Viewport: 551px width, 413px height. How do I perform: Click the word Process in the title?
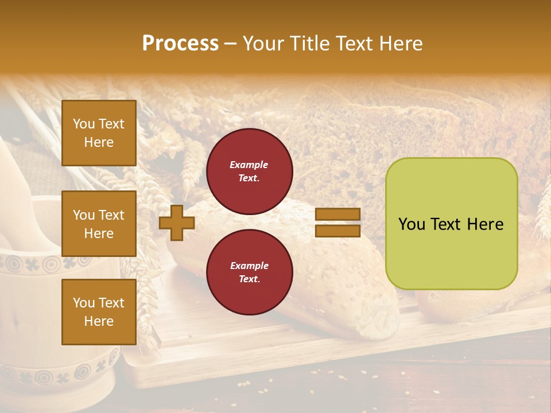coord(180,44)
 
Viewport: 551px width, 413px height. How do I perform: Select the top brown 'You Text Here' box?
coord(99,133)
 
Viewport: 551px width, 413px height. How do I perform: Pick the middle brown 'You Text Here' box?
coord(99,224)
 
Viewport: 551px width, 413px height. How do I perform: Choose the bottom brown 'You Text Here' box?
coord(99,311)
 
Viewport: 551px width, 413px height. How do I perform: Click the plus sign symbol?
coord(176,223)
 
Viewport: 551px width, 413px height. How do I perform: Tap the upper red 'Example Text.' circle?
coord(249,171)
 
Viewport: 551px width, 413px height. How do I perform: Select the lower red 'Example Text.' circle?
coord(249,272)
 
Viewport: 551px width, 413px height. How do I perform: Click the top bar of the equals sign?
coord(337,215)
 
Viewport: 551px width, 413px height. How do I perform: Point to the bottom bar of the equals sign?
coord(337,231)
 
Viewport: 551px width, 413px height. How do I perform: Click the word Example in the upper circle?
coord(249,165)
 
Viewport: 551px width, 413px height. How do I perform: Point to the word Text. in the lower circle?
coord(249,279)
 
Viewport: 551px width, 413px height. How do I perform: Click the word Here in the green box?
coord(486,224)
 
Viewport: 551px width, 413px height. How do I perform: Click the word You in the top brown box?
coord(84,124)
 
